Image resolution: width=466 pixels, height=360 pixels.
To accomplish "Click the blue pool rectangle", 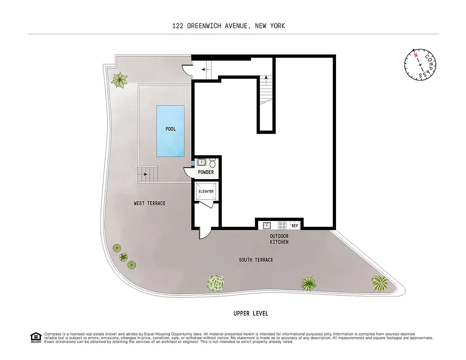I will (170, 131).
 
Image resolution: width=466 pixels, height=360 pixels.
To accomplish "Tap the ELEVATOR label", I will (206, 191).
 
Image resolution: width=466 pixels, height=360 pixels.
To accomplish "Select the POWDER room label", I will (206, 172).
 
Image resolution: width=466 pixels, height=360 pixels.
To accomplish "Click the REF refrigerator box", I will (295, 225).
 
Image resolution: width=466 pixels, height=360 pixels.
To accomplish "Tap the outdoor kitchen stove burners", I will (282, 225).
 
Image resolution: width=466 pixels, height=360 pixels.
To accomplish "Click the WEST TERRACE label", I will (150, 203).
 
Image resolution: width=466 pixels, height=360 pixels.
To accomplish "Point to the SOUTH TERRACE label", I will (256, 260).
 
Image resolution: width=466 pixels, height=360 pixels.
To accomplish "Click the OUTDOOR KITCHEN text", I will (279, 239).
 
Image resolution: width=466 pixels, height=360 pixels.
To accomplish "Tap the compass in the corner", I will (420, 64).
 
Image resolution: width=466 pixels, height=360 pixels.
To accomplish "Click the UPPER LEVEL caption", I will (251, 313).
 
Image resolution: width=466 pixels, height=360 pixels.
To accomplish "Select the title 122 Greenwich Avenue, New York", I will (229, 26).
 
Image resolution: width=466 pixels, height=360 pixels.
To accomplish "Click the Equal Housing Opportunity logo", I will (35, 337).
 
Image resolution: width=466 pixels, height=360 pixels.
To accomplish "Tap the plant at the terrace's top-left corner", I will (119, 80).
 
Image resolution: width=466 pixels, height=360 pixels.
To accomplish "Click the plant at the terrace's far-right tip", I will (380, 283).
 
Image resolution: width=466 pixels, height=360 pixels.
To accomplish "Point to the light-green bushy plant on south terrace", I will (216, 283).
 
